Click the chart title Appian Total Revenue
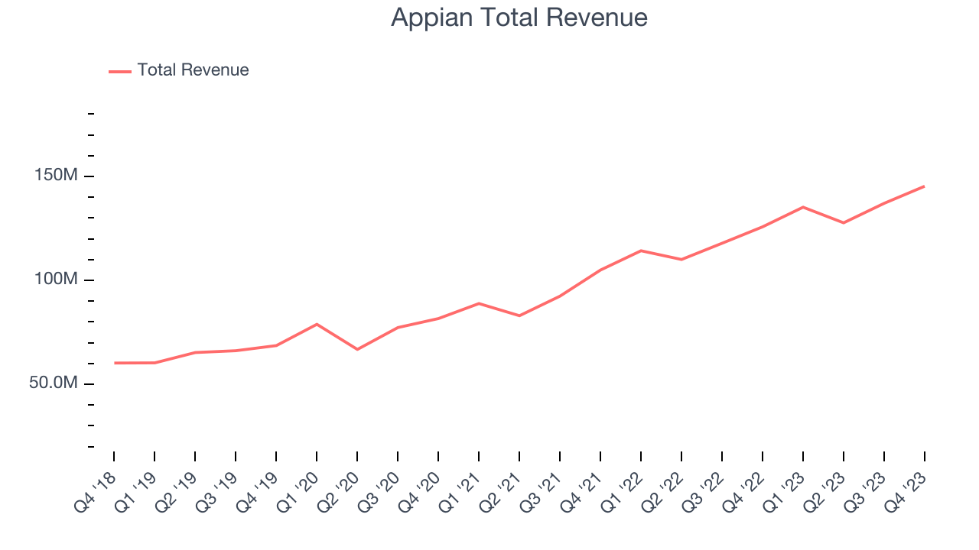pyautogui.click(x=519, y=18)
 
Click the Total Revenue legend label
pyautogui.click(x=193, y=70)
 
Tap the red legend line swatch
pyautogui.click(x=120, y=71)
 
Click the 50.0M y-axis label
pyautogui.click(x=54, y=383)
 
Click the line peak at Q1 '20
pyautogui.click(x=317, y=324)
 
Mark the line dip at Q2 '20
pyautogui.click(x=357, y=349)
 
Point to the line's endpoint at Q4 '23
pyautogui.click(x=924, y=186)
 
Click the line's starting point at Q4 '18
pyautogui.click(x=115, y=363)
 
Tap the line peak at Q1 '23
pyautogui.click(x=803, y=207)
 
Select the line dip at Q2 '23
pyautogui.click(x=844, y=222)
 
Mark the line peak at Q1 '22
pyautogui.click(x=641, y=251)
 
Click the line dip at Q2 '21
pyautogui.click(x=519, y=315)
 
